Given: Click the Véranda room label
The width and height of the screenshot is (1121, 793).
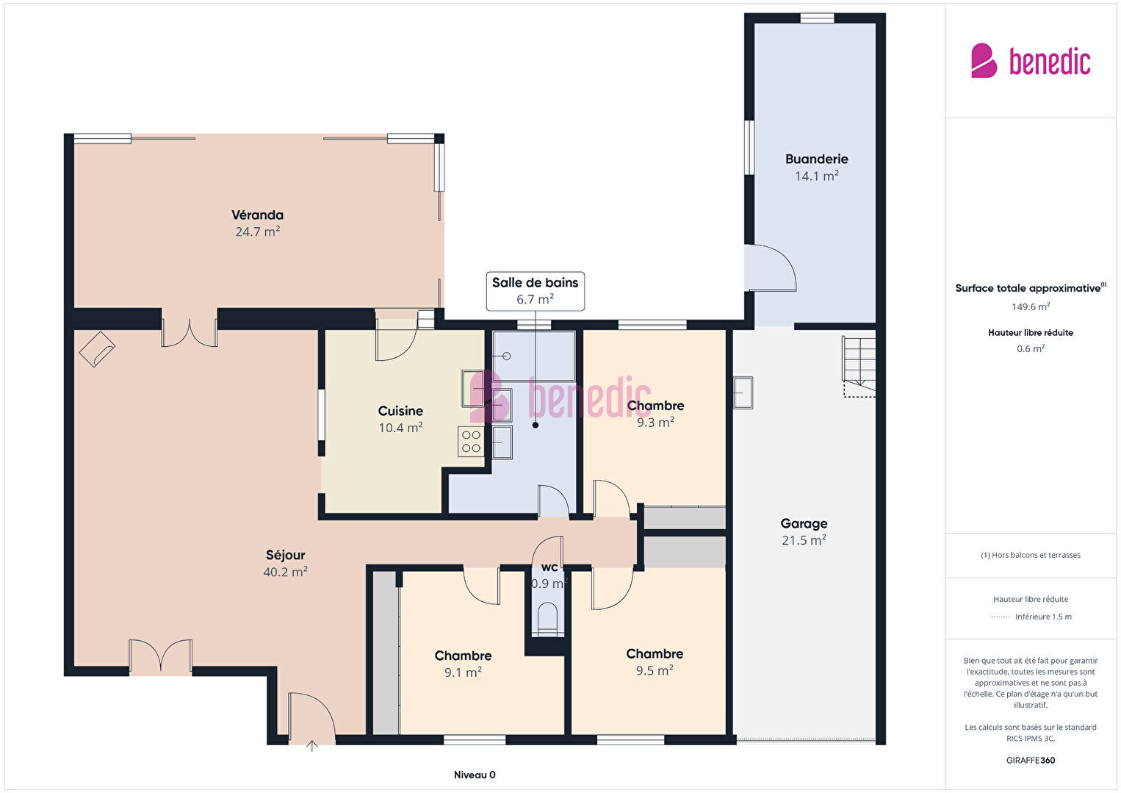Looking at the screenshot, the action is click(257, 215).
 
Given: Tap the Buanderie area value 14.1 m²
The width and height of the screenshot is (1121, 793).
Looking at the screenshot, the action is click(816, 176).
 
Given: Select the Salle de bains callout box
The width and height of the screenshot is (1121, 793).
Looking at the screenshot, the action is click(535, 291).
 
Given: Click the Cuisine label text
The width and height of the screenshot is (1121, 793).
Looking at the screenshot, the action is click(400, 411).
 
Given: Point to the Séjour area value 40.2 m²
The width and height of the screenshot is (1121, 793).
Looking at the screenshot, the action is click(285, 572).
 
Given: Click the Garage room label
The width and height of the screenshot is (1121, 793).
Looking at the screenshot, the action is click(804, 524).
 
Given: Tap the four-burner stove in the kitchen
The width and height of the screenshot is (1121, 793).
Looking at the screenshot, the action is click(471, 442).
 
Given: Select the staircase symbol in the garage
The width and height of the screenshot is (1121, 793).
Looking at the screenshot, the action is click(859, 367).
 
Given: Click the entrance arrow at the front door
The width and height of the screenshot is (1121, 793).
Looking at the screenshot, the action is click(311, 746).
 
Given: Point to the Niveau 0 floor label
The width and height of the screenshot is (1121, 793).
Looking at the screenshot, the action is click(475, 775).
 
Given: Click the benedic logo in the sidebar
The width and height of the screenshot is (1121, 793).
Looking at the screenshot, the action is click(1031, 61).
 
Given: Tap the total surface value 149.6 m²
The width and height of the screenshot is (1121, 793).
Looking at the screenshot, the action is click(1031, 306).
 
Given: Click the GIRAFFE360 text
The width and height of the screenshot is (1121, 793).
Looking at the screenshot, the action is click(1031, 760).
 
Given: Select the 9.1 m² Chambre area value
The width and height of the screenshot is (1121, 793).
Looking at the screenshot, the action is click(463, 672).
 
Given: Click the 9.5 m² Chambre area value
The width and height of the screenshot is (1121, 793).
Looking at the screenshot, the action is click(655, 670).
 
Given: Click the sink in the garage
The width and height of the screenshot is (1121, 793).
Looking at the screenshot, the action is click(743, 392).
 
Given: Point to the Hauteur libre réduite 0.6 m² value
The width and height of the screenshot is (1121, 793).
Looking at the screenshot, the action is click(1031, 348).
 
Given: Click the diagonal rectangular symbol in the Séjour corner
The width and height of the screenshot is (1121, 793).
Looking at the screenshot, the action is click(97, 349).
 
